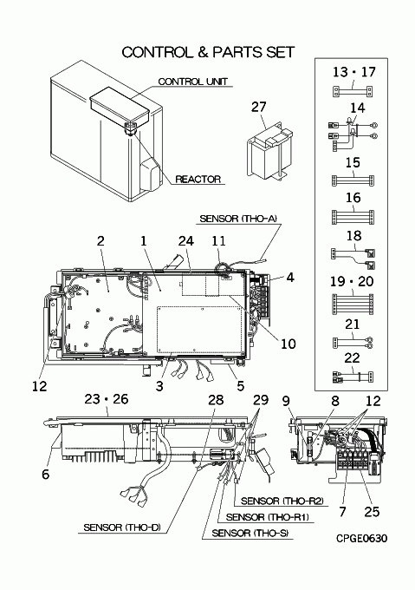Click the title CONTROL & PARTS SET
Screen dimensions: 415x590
tap(208, 52)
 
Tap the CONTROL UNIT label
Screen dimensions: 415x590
tap(192, 82)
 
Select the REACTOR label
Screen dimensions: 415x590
tap(198, 179)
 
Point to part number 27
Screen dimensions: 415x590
tap(258, 107)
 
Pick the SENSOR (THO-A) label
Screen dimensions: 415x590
tap(238, 219)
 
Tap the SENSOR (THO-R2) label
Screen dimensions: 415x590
tap(282, 501)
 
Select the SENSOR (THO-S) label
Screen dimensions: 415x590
tap(250, 533)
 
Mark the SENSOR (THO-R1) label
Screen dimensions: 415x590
tap(268, 517)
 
